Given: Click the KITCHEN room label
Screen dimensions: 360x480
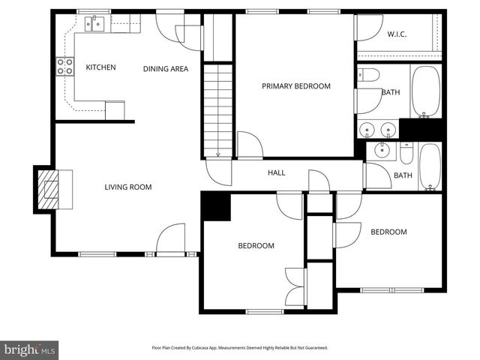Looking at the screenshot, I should point(100,67).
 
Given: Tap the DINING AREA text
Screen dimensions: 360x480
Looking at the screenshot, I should point(165,69).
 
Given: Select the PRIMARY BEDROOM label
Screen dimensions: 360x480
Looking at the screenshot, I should point(295,86).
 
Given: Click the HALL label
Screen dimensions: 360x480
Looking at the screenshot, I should point(277,173).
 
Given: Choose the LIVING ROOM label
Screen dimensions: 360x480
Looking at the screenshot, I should point(128,187).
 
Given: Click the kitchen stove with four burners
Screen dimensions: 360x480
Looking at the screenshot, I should point(64,67).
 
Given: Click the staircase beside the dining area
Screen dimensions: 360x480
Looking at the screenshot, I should point(219,109).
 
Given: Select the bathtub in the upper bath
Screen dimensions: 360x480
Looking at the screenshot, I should point(425,92).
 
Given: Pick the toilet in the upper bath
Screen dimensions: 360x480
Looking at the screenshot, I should point(368,74).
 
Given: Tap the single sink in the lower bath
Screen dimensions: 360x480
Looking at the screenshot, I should point(383,149).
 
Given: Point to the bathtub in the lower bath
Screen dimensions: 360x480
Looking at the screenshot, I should point(430,167).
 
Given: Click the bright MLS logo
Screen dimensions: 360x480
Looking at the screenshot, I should point(30,349).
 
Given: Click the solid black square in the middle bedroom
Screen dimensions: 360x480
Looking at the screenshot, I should point(217,207).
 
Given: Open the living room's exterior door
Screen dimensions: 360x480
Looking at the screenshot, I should point(172,240).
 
